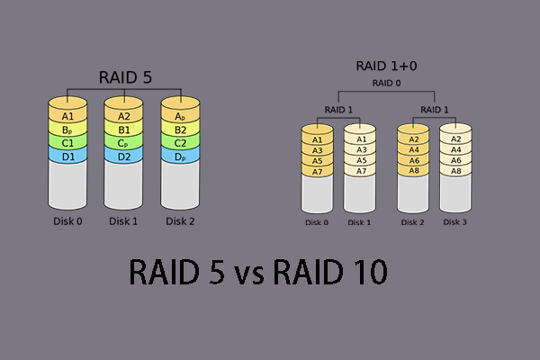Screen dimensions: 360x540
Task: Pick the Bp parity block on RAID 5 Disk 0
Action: tap(67, 130)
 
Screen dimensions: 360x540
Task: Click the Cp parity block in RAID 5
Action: tap(125, 143)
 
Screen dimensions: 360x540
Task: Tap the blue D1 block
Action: tap(67, 157)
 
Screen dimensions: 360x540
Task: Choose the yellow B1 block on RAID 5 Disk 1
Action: tap(125, 130)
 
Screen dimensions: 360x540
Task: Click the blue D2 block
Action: tap(125, 157)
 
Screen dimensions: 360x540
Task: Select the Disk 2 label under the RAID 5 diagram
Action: tap(182, 218)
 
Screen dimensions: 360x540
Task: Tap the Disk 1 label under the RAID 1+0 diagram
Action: tap(359, 222)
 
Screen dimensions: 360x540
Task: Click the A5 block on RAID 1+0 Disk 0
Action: tap(317, 160)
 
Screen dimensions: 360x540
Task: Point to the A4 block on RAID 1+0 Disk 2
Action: tap(413, 150)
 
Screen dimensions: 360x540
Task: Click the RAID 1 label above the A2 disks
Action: tap(434, 110)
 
